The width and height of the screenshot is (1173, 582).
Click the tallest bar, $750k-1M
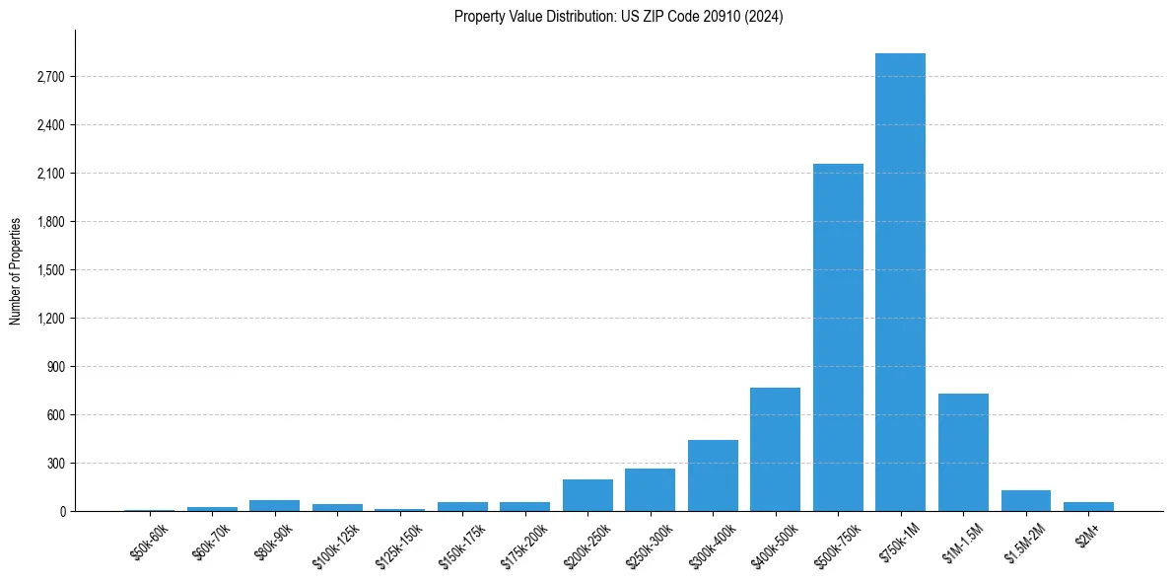pos(900,282)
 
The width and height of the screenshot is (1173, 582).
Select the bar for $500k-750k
pos(838,337)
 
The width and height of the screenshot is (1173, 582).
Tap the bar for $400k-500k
pos(775,450)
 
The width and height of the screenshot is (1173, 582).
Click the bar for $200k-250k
pos(587,495)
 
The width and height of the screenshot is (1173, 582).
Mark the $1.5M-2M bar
pos(1025,501)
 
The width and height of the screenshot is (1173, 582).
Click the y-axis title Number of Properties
pos(15,270)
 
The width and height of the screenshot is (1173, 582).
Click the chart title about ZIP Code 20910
pos(618,17)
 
